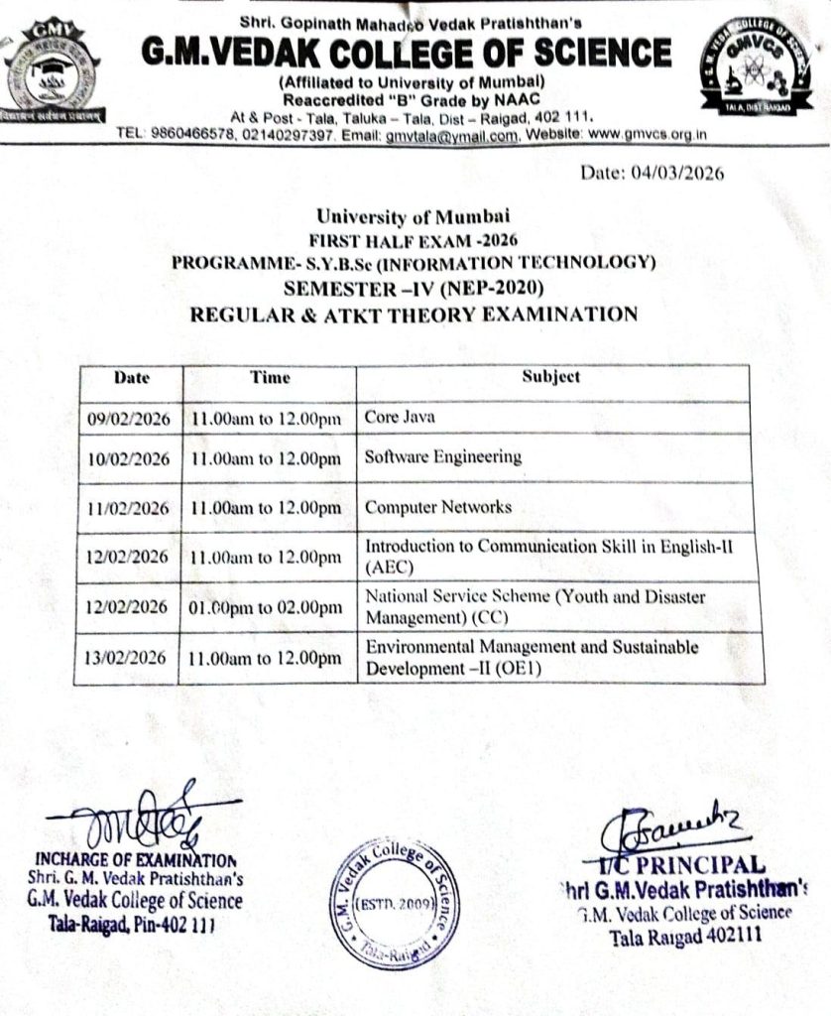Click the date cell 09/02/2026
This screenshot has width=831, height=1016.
pos(128,419)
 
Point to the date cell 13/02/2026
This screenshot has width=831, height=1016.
pos(128,658)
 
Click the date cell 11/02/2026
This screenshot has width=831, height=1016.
pos(128,508)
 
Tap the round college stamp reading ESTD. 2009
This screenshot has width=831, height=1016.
pos(388,902)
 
